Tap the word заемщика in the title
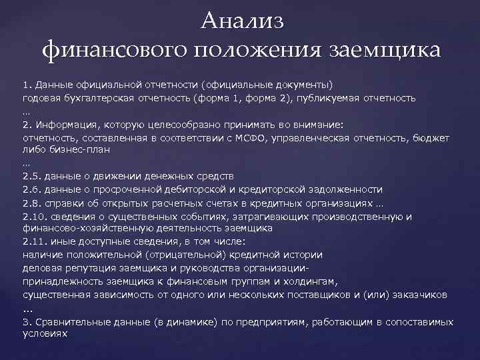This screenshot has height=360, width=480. point(383,50)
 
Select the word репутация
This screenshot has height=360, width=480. point(87,267)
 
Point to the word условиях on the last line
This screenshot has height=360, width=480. point(45,333)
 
